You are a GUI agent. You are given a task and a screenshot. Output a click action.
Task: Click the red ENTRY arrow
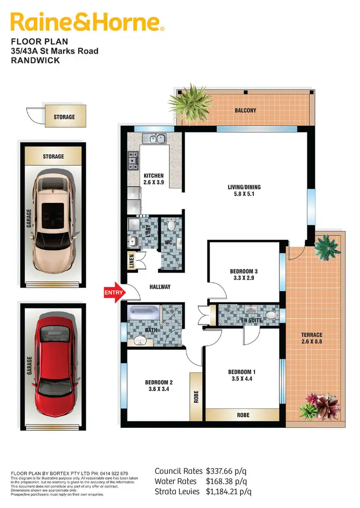(x=114, y=292)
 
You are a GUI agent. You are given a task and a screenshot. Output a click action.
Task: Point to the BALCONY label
(x=245, y=110)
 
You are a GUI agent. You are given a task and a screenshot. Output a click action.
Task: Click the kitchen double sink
(x=154, y=139)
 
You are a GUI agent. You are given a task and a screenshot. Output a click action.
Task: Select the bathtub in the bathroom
(x=143, y=314)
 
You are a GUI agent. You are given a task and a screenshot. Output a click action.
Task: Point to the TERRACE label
(x=312, y=335)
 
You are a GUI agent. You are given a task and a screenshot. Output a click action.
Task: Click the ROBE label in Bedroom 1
(x=243, y=414)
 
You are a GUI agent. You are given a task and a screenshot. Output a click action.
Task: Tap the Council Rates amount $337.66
(x=227, y=471)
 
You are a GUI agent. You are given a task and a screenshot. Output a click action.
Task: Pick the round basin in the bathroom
(x=141, y=341)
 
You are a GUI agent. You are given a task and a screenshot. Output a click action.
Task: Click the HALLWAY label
(x=160, y=287)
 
